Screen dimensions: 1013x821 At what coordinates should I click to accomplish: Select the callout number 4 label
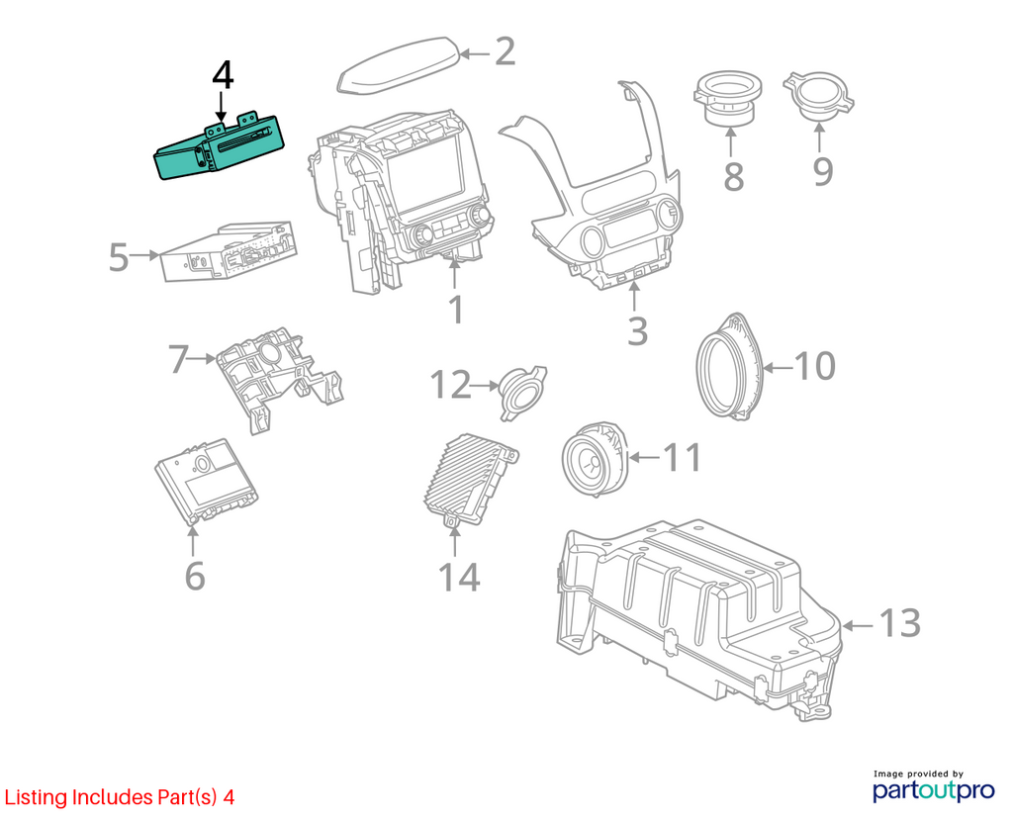coord(223,75)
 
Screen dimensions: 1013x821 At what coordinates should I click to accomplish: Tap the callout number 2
coord(505,51)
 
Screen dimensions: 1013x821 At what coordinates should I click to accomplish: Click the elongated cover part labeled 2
coord(400,66)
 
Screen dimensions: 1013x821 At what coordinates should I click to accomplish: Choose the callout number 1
coord(456,311)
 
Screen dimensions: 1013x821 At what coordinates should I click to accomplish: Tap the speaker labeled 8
coord(727,99)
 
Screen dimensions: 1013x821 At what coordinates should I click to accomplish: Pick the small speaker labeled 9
coord(818,97)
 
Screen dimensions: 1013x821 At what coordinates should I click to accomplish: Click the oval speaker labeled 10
coord(730,365)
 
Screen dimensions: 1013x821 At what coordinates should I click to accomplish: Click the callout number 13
coord(900,623)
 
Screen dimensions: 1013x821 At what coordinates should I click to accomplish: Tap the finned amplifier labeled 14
coord(469,480)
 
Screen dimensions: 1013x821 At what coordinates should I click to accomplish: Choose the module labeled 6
coord(206,482)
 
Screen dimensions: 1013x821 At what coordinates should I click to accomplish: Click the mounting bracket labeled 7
coord(280,378)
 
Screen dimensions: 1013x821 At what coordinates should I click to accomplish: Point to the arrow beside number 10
coord(779,368)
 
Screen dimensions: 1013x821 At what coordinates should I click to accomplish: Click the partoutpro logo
coord(934,790)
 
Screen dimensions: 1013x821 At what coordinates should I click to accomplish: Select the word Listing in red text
coord(37,797)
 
